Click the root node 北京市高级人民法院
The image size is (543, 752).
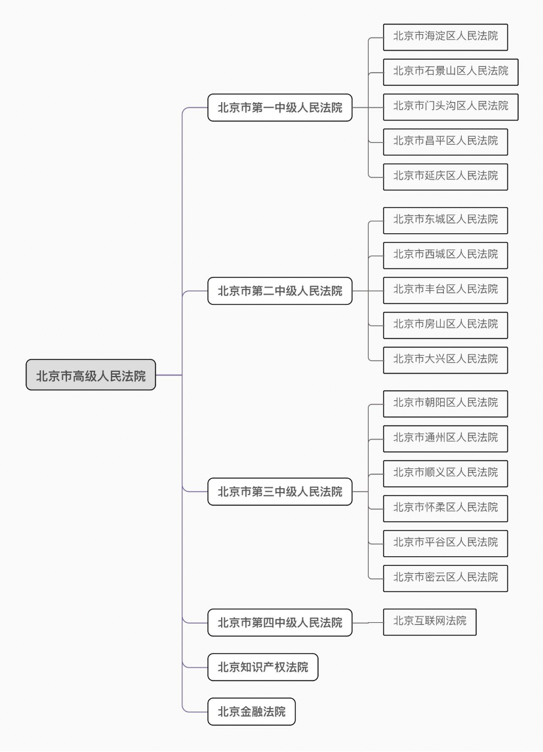pyautogui.click(x=90, y=375)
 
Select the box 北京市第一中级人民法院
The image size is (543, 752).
pyautogui.click(x=280, y=107)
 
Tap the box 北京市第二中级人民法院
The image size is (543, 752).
pyautogui.click(x=280, y=291)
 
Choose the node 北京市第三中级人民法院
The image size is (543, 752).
pyautogui.click(x=280, y=491)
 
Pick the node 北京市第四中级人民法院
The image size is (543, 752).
pyautogui.click(x=280, y=622)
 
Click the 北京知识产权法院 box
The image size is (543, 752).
pyautogui.click(x=262, y=667)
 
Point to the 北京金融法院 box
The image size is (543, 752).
pyautogui.click(x=251, y=711)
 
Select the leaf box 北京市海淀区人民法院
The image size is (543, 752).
pyautogui.click(x=445, y=37)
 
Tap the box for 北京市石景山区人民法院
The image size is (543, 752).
pyautogui.click(x=451, y=72)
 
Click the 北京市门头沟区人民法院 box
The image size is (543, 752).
pyautogui.click(x=451, y=107)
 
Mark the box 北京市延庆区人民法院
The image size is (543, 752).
pyautogui.click(x=445, y=176)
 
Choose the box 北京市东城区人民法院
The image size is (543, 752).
pyautogui.click(x=445, y=220)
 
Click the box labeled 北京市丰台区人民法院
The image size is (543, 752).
pyautogui.click(x=445, y=290)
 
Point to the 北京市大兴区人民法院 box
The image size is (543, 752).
pyautogui.click(x=445, y=360)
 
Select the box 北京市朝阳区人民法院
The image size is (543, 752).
pyautogui.click(x=445, y=404)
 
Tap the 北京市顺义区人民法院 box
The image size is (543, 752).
pyautogui.click(x=445, y=474)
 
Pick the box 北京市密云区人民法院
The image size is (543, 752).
pyautogui.click(x=445, y=578)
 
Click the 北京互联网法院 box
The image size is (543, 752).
pyautogui.click(x=430, y=622)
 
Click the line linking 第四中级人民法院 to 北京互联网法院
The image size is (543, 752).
pyautogui.click(x=368, y=622)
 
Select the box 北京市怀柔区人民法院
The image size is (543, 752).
pyautogui.click(x=445, y=508)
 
